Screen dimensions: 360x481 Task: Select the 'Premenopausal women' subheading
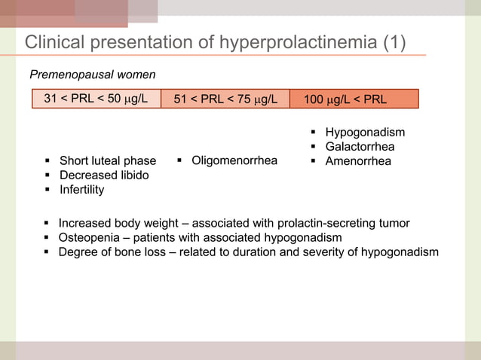pyautogui.click(x=92, y=75)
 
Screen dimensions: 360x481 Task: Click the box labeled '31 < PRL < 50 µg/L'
pyautogui.click(x=96, y=99)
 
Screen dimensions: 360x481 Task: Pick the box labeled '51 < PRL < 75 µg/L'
pyautogui.click(x=225, y=99)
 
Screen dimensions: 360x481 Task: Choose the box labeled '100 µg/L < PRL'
pyautogui.click(x=354, y=99)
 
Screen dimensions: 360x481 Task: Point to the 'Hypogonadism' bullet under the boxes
pyautogui.click(x=365, y=133)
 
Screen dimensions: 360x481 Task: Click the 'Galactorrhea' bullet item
pyautogui.click(x=360, y=147)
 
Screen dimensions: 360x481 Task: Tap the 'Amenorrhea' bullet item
pyautogui.click(x=358, y=161)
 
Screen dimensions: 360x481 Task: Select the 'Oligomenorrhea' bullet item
pyautogui.click(x=234, y=160)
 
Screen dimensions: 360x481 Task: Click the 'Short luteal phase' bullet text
pyautogui.click(x=108, y=161)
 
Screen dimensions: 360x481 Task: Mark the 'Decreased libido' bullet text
pyautogui.click(x=104, y=175)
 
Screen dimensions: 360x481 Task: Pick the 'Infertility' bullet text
pyautogui.click(x=81, y=190)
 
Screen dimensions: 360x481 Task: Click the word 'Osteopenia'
pyautogui.click(x=87, y=238)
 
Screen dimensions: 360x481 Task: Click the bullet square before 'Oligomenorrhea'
pyautogui.click(x=181, y=160)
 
